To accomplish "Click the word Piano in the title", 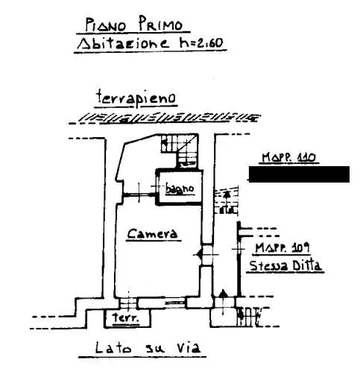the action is (106, 25).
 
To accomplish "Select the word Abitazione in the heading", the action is (123, 43).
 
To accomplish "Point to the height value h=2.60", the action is (201, 43).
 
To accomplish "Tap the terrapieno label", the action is (136, 98).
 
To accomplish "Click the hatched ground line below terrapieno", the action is (165, 118).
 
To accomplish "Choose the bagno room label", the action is (180, 189).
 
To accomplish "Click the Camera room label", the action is (153, 234).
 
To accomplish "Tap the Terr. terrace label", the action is (125, 317).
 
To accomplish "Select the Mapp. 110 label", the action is (288, 157).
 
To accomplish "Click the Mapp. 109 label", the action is (282, 247).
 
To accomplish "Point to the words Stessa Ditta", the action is (285, 265).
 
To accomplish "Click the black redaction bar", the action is (299, 174).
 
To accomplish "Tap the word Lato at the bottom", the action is (113, 347).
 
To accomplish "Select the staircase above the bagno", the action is (180, 151).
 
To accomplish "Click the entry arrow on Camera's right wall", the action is (199, 254).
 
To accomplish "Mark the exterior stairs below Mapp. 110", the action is (227, 200).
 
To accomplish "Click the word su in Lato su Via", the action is (154, 349).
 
